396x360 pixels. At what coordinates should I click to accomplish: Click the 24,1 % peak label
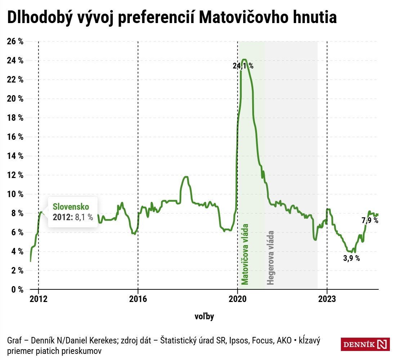tap(243, 66)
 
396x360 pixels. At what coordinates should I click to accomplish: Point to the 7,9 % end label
tap(370, 221)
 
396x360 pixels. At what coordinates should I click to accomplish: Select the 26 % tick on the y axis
tap(15, 41)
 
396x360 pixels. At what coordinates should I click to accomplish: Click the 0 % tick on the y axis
tap(17, 289)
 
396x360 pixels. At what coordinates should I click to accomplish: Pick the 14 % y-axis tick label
tap(15, 156)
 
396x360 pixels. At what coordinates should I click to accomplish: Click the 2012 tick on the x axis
tap(38, 299)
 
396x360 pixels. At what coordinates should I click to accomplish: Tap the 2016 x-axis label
tap(138, 299)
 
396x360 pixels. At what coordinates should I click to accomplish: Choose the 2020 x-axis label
tap(237, 299)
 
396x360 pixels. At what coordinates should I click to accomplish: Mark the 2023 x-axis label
tap(327, 299)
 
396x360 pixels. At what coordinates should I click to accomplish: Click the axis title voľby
tap(204, 316)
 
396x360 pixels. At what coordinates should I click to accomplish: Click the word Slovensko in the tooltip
tap(71, 206)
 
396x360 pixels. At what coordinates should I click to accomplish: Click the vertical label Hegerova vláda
tap(271, 258)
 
